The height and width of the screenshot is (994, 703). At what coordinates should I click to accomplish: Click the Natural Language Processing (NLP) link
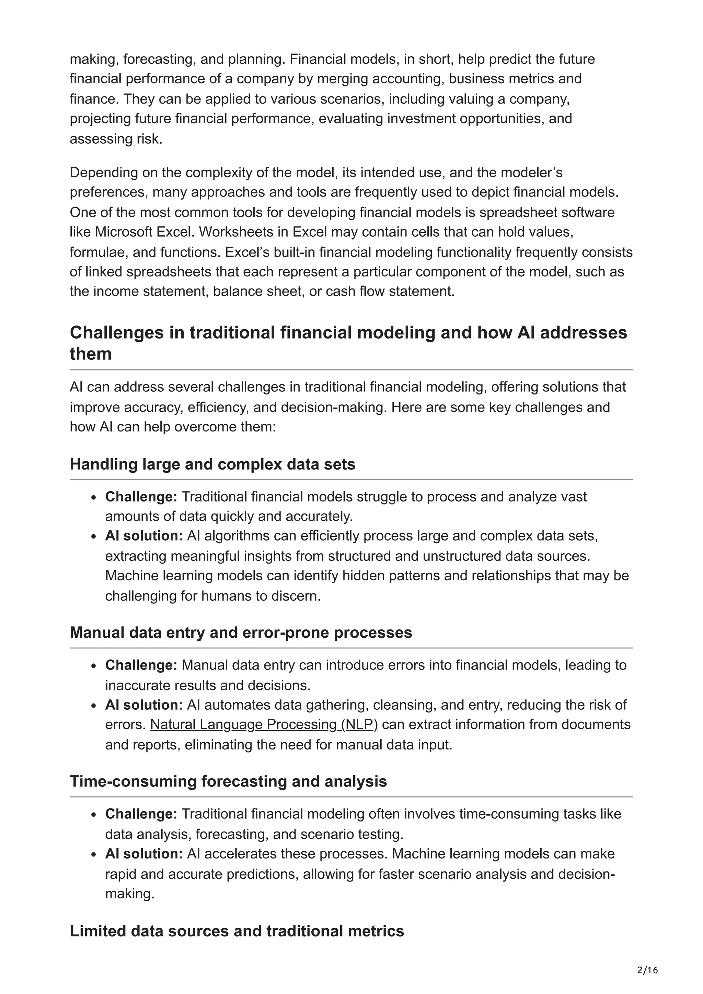pyautogui.click(x=264, y=725)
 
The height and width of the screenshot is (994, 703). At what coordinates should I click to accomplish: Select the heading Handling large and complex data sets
pyautogui.click(x=212, y=464)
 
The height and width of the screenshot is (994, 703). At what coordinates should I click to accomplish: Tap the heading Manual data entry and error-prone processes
pyautogui.click(x=241, y=632)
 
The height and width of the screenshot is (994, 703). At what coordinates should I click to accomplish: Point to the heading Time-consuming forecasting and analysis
pyautogui.click(x=228, y=781)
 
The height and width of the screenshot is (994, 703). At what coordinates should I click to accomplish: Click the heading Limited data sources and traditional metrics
pyautogui.click(x=237, y=931)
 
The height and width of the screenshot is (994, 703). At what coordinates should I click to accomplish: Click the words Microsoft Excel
pyautogui.click(x=143, y=232)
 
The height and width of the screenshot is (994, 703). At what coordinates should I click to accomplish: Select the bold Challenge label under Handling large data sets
pyautogui.click(x=141, y=497)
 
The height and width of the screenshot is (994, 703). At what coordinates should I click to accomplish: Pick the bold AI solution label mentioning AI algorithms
pyautogui.click(x=144, y=536)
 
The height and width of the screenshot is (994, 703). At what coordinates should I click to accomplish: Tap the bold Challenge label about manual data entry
pyautogui.click(x=141, y=665)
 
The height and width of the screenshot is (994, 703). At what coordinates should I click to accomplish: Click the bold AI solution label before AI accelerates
pyautogui.click(x=144, y=854)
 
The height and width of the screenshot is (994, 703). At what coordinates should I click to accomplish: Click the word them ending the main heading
pyautogui.click(x=91, y=354)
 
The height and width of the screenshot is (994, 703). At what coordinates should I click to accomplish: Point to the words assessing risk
pyautogui.click(x=116, y=139)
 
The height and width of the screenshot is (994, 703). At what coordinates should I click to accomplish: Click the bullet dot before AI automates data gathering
pyautogui.click(x=94, y=706)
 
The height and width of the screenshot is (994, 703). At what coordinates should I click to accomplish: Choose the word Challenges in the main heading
pyautogui.click(x=126, y=333)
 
